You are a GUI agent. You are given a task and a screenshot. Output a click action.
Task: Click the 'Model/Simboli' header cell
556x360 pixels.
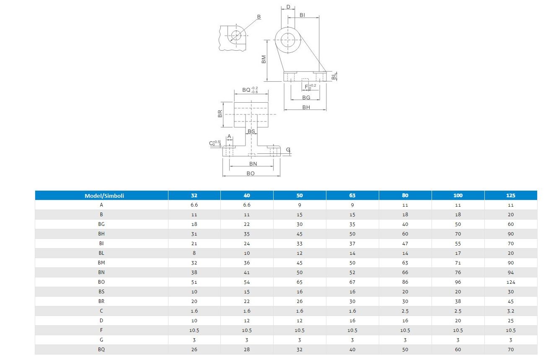(x=104, y=196)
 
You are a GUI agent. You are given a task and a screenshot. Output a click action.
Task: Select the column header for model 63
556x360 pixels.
(x=352, y=195)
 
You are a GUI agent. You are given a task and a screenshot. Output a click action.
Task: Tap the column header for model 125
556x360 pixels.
(x=511, y=195)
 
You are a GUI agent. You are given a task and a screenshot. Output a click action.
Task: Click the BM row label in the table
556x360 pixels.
(x=101, y=263)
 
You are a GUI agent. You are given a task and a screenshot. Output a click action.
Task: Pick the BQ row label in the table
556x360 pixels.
(x=101, y=350)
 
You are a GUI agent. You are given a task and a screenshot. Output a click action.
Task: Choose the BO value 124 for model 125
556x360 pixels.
(x=511, y=282)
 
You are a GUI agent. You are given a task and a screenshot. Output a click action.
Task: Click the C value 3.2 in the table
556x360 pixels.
(x=511, y=311)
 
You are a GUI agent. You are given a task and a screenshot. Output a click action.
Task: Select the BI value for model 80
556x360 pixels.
(x=405, y=243)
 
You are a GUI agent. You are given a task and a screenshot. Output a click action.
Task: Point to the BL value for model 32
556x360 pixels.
(x=194, y=253)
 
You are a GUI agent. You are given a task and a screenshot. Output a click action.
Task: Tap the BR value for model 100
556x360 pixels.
(x=458, y=301)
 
